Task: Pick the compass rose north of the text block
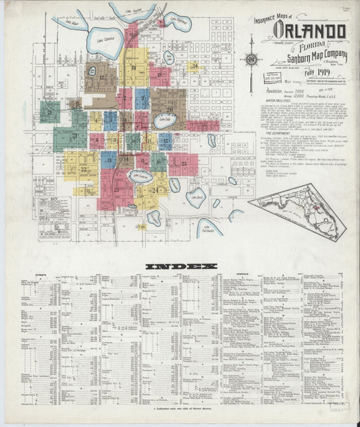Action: (x=252, y=59)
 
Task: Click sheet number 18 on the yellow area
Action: (x=134, y=68)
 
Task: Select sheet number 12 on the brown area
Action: (x=102, y=78)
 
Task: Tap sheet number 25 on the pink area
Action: (x=183, y=163)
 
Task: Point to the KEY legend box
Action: (x=54, y=218)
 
